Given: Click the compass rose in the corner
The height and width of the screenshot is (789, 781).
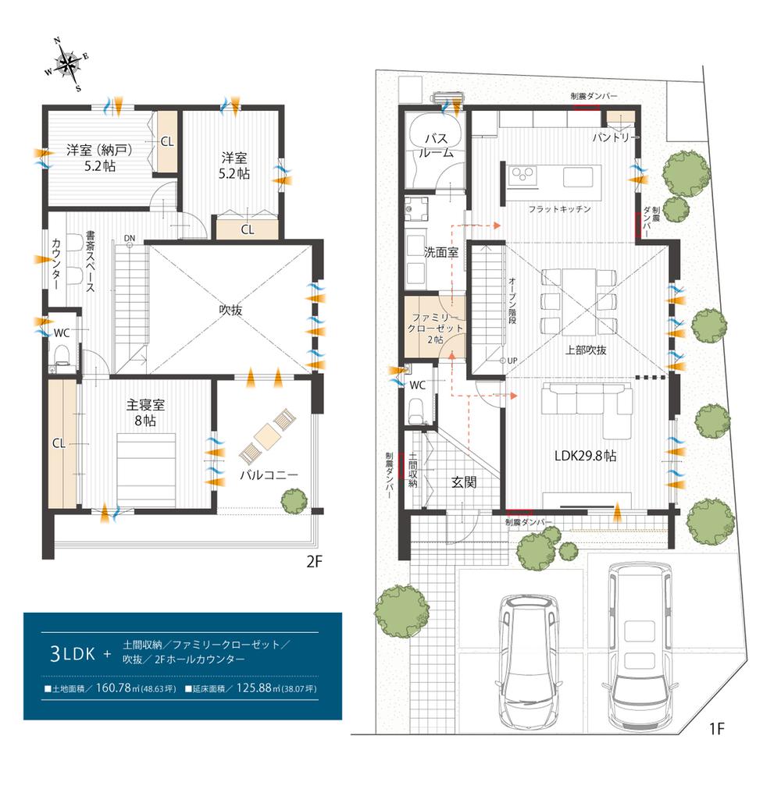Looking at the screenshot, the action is click(x=67, y=64).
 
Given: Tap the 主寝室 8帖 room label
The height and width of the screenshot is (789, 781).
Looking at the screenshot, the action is click(x=145, y=412).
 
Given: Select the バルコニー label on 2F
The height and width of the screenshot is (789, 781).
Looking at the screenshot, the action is click(x=269, y=474).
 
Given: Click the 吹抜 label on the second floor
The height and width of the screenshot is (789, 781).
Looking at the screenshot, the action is click(x=230, y=310).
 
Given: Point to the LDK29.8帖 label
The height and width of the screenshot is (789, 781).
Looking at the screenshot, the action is click(x=585, y=456).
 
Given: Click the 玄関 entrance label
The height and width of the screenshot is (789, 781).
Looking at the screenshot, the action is click(x=463, y=482).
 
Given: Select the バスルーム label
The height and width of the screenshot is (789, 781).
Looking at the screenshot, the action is click(x=436, y=145).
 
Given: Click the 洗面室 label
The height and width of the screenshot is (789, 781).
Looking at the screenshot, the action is click(x=441, y=252).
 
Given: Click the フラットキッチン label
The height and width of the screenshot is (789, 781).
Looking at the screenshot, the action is click(x=559, y=209).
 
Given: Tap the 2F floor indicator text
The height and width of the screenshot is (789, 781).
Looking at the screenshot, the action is click(x=314, y=561).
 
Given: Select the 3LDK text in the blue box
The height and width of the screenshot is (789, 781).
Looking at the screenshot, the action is click(x=73, y=654).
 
